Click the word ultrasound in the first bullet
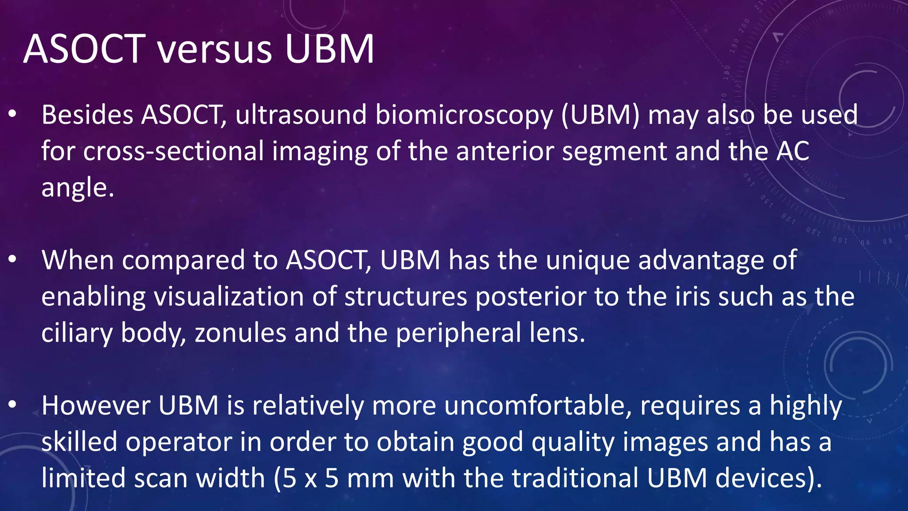[301, 115]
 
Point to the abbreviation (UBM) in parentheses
[600, 115]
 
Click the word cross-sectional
[173, 151]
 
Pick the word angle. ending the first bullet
[78, 188]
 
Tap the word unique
[587, 260]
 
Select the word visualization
[229, 297]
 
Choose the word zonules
[240, 333]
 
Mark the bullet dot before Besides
[12, 115]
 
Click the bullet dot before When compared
[12, 260]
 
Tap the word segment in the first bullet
[614, 151]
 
